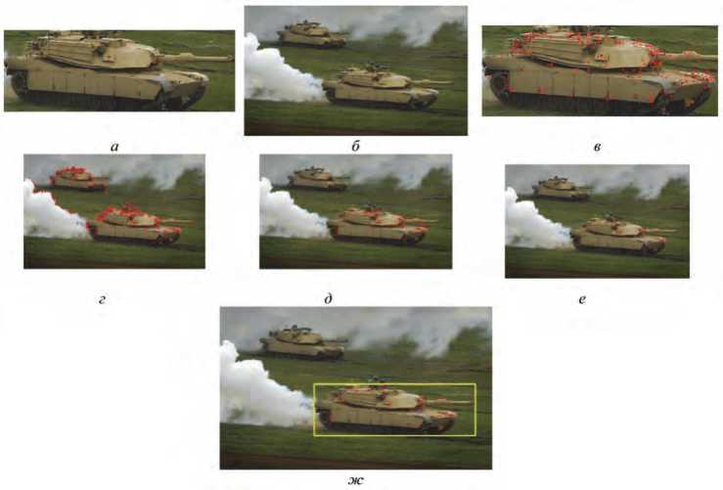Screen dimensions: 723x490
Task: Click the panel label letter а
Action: coord(114,147)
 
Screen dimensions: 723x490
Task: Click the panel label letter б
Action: coord(355,147)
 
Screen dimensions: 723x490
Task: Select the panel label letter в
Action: coord(597,148)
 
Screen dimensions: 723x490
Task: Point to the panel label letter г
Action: coord(102,299)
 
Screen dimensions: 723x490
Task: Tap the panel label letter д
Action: coord(329,299)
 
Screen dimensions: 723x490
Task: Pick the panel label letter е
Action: coord(582,299)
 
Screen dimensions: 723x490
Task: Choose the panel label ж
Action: coord(355,480)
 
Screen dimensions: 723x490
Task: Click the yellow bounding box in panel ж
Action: coord(394,384)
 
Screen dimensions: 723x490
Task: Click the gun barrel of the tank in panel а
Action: coord(199,58)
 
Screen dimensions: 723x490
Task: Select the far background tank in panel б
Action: coord(313,34)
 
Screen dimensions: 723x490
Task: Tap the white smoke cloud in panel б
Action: coord(281,73)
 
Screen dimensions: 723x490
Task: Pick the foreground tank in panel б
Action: coord(385,88)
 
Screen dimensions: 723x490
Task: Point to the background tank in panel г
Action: coord(79,179)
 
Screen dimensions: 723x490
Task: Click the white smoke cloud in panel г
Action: coord(53,212)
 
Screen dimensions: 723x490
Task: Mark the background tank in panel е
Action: coord(562,189)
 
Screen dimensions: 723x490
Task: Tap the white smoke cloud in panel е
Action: coord(535,222)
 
